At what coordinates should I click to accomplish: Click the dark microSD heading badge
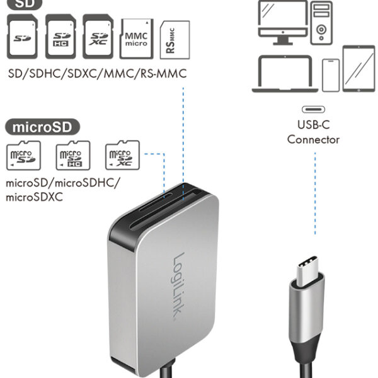tap(43, 127)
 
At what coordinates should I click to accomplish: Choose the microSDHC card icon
tap(71, 156)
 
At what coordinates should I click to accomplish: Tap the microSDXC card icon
tap(122, 156)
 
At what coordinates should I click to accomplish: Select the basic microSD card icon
tap(23, 156)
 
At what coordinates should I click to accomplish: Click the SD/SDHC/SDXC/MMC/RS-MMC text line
tap(97, 75)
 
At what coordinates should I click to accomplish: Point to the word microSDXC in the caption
tap(36, 197)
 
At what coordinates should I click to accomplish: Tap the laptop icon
tap(283, 74)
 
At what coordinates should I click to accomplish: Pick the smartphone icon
tap(331, 76)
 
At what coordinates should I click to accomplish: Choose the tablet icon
tap(358, 69)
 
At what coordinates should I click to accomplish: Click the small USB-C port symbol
tap(312, 108)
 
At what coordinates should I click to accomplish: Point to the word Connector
tap(313, 139)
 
